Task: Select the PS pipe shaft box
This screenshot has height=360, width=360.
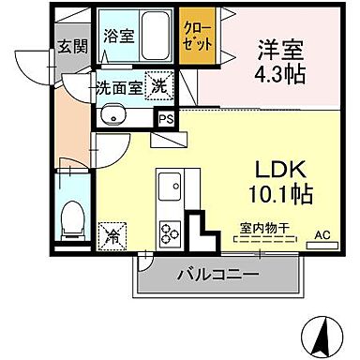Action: point(166,119)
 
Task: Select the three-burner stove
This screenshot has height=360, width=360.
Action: point(172,230)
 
